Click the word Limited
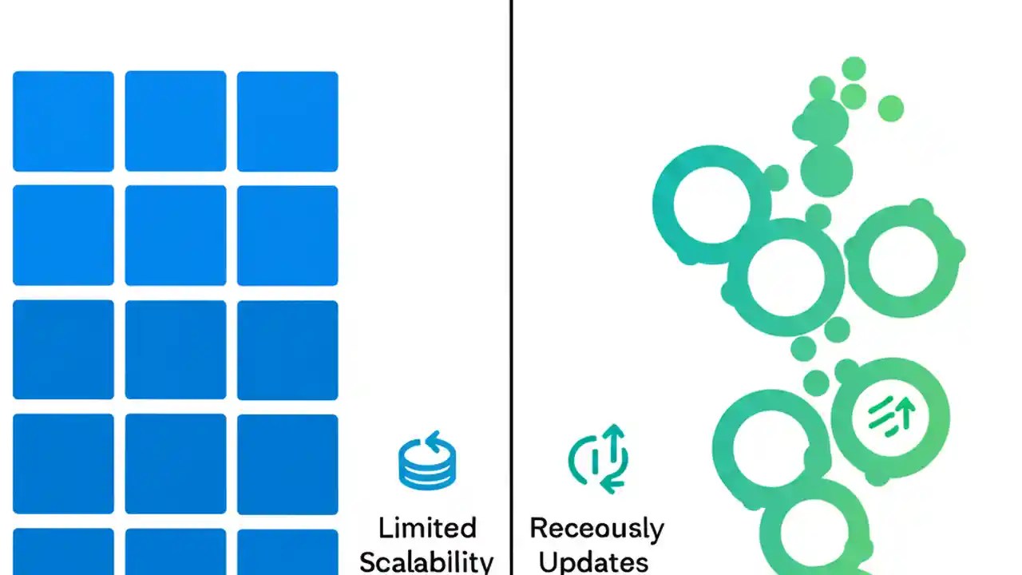(x=427, y=529)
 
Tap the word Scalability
(x=427, y=561)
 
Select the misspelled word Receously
(x=596, y=529)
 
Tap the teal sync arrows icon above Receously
(x=599, y=459)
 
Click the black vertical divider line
(x=510, y=240)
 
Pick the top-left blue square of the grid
(x=63, y=121)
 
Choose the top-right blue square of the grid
(x=287, y=121)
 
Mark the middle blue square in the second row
(x=176, y=236)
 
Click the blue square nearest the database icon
(x=287, y=463)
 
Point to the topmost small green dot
(x=854, y=69)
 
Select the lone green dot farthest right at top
(x=890, y=109)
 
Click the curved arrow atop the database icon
(x=432, y=440)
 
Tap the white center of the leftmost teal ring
(x=711, y=204)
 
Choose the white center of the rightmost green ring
(x=905, y=260)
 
